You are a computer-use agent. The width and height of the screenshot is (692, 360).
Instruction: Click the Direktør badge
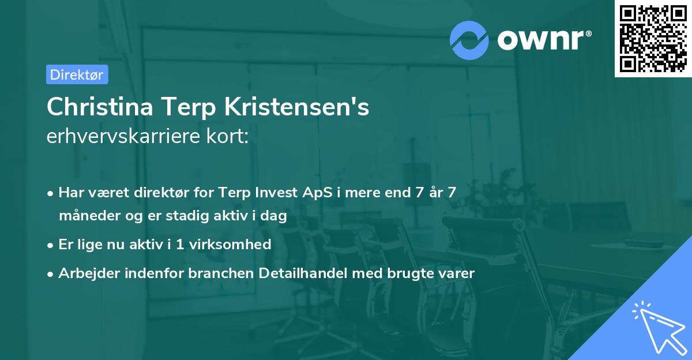[77, 74]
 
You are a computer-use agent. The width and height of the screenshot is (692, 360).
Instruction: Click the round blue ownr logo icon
[469, 40]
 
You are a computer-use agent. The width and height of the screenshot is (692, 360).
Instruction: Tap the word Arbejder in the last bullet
[84, 273]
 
